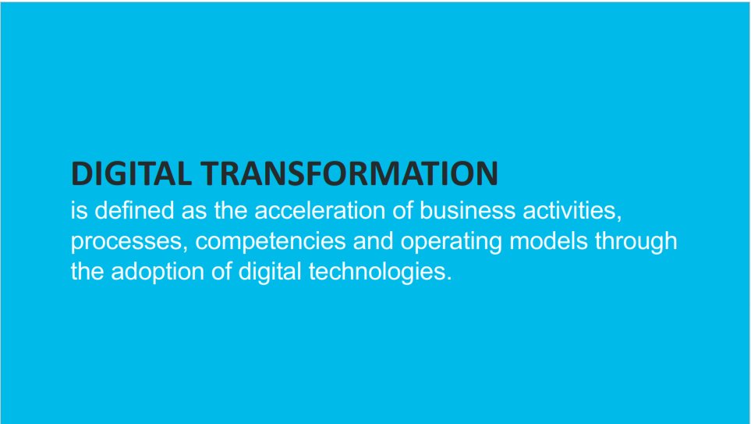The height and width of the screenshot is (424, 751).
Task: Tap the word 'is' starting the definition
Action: click(x=77, y=212)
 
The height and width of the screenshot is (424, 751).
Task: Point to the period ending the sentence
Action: click(x=448, y=280)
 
